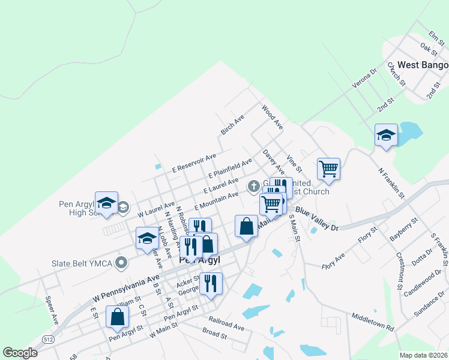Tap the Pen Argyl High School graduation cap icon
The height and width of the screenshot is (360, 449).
point(106,205)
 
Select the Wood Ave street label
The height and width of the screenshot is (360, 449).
point(272,118)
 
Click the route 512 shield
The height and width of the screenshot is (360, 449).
point(47,340)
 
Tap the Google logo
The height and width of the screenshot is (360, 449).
point(20,353)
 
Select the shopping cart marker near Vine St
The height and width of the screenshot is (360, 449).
point(328,169)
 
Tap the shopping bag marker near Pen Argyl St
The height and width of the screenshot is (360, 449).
point(117,317)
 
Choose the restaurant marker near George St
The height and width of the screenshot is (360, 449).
point(210,283)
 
